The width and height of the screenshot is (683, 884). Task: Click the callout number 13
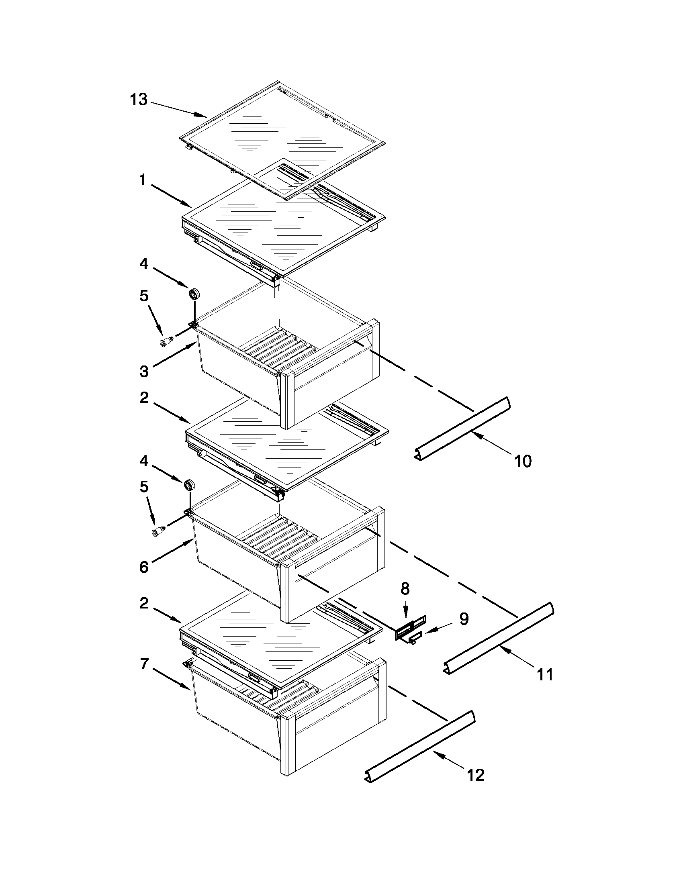pyautogui.click(x=139, y=99)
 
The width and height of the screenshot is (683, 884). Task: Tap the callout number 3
pyautogui.click(x=144, y=371)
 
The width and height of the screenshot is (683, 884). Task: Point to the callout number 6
pyautogui.click(x=144, y=567)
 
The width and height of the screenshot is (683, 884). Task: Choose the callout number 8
pyautogui.click(x=405, y=588)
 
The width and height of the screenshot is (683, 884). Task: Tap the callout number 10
pyautogui.click(x=522, y=461)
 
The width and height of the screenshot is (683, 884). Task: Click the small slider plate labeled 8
pyautogui.click(x=406, y=631)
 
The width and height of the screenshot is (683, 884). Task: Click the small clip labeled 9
pyautogui.click(x=415, y=638)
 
